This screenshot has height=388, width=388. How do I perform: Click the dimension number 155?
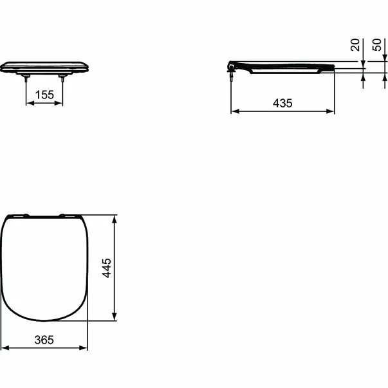click(x=44, y=95)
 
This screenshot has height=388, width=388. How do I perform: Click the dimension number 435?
click(x=282, y=103)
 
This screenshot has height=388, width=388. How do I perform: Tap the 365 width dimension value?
click(x=44, y=339)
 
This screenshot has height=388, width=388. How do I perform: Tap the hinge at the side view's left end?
click(x=232, y=66)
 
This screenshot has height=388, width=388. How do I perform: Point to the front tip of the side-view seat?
click(x=333, y=68)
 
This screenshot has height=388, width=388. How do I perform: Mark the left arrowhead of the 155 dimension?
click(x=28, y=103)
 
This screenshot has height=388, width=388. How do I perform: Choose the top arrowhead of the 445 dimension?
click(x=115, y=219)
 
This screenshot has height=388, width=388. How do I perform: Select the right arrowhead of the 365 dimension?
click(x=85, y=347)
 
